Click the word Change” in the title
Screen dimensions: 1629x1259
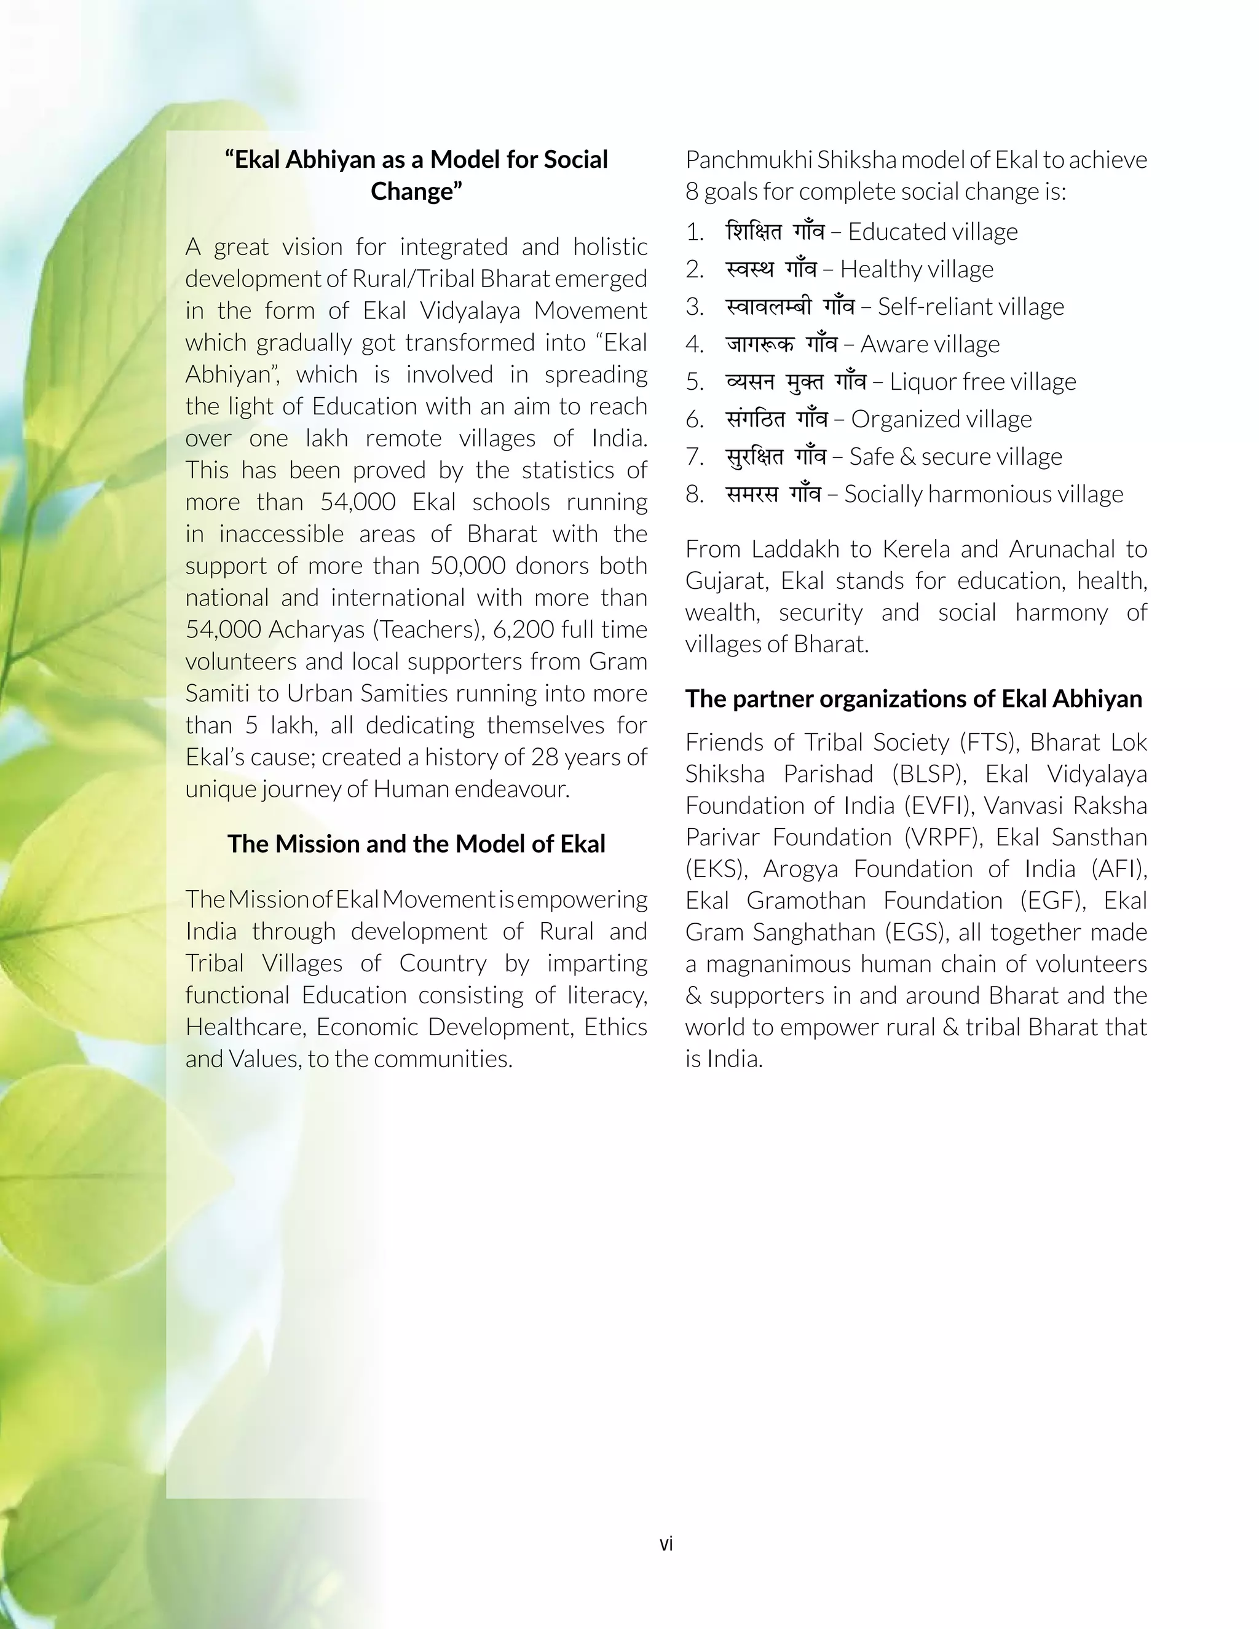point(416,192)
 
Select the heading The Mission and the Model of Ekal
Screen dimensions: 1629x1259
point(416,843)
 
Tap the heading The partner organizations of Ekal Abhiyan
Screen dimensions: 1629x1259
point(914,698)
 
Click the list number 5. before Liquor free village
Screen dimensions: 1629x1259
point(695,382)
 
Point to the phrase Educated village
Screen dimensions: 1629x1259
point(933,232)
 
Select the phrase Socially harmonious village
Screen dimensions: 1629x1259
point(983,494)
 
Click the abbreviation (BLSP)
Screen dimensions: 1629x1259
point(929,774)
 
